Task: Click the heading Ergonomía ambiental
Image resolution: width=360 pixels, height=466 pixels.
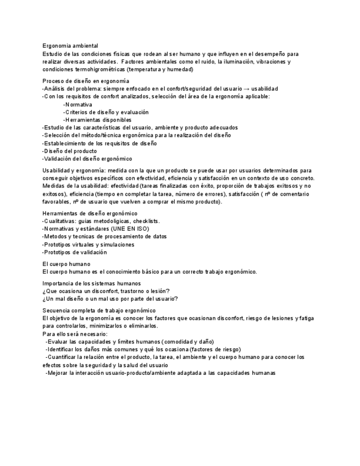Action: [x=70, y=46]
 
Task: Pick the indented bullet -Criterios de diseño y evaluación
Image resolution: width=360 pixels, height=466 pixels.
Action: [x=106, y=112]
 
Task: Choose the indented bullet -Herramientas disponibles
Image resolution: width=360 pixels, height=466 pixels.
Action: [x=97, y=120]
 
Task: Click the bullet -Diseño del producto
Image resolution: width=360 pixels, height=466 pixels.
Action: [x=69, y=151]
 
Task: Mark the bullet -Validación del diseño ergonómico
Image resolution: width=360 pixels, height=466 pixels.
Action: [x=87, y=159]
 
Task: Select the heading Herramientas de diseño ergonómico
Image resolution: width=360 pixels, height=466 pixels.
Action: [x=90, y=213]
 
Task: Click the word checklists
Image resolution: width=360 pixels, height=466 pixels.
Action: [x=146, y=221]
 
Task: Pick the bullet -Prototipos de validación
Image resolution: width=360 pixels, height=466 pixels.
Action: [x=74, y=252]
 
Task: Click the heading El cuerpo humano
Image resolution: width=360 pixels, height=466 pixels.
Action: [x=67, y=264]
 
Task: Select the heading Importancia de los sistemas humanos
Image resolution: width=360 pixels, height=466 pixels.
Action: [x=91, y=283]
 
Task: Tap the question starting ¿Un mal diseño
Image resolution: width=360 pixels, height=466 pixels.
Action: [x=110, y=299]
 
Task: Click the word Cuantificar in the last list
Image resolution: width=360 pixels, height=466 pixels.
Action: [x=63, y=357]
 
